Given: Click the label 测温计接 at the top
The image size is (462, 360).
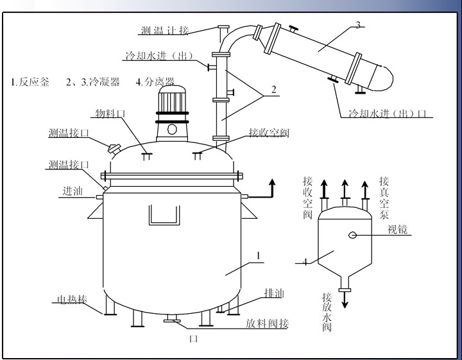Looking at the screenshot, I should [x=166, y=30].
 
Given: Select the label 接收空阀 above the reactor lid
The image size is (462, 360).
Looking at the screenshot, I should [x=269, y=133].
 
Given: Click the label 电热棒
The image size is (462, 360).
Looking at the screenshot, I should [x=71, y=300].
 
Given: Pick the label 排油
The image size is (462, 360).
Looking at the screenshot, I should [x=274, y=293].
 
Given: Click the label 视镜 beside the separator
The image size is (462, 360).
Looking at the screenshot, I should [x=398, y=229].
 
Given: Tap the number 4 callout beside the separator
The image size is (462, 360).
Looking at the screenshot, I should [x=305, y=262].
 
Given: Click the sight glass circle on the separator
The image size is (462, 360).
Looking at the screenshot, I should [x=352, y=235].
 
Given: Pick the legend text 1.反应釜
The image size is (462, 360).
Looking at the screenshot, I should [x=29, y=82].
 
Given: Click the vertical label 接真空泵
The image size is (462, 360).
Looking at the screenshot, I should [x=384, y=196].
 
